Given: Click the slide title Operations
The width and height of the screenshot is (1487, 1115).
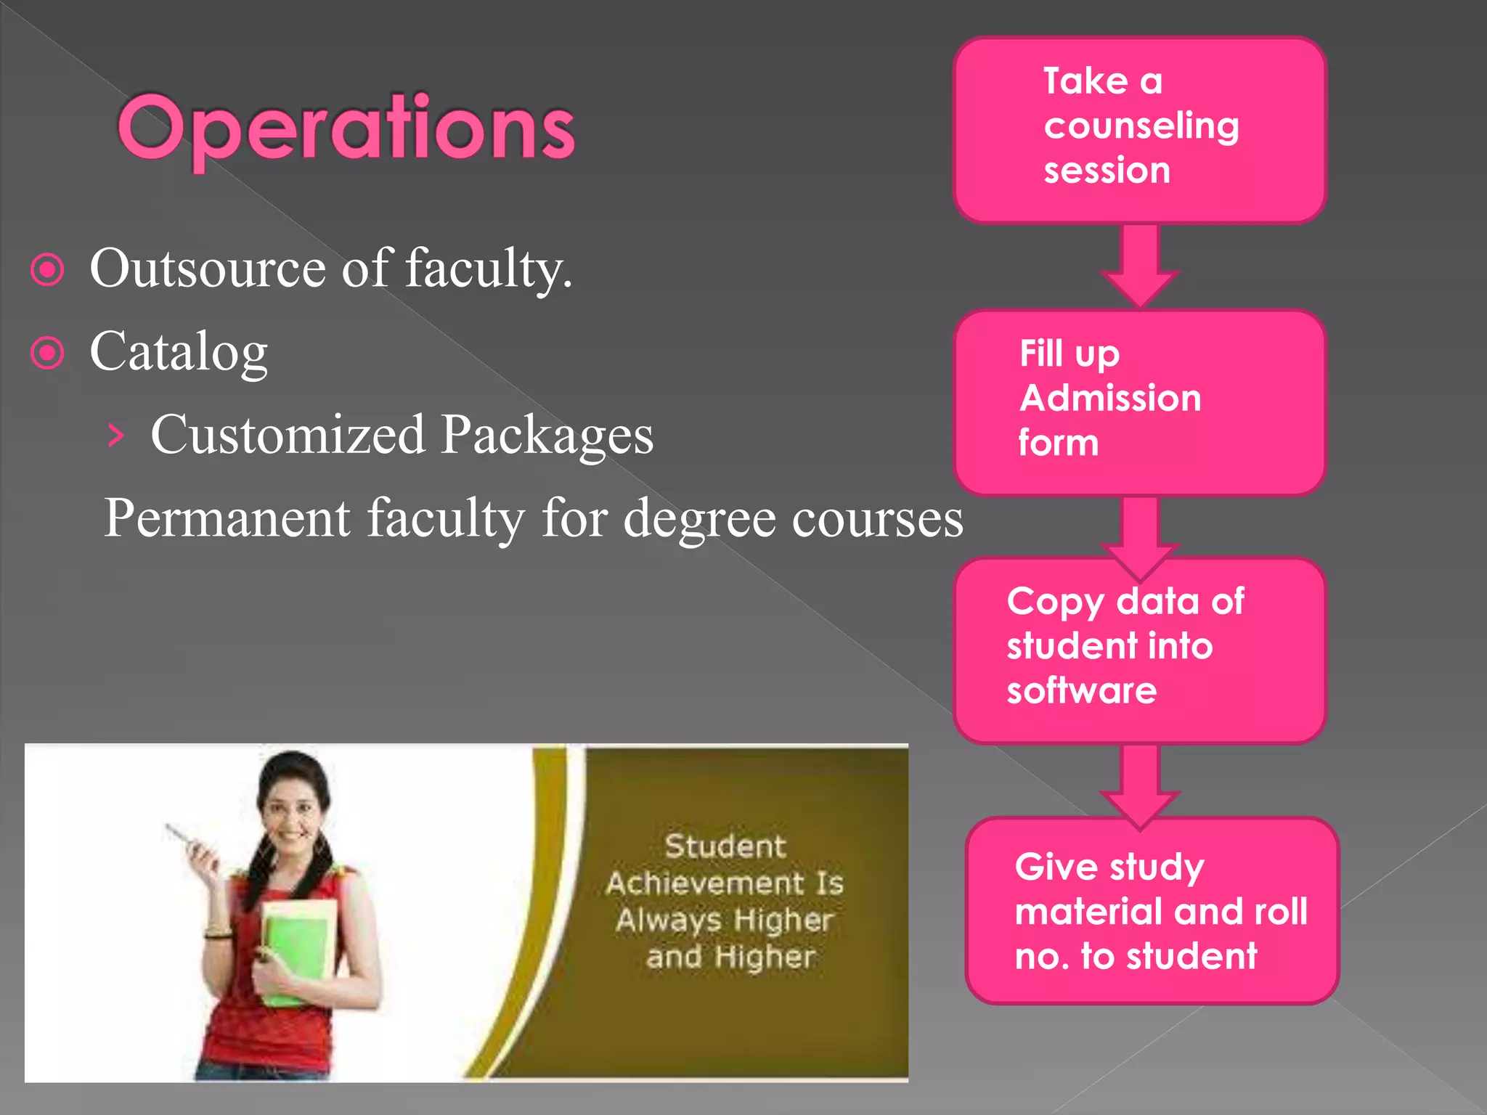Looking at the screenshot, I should pos(346,129).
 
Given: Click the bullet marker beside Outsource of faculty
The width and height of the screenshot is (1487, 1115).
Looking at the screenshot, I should pos(48,270).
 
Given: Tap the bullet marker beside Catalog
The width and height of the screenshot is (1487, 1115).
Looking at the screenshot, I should pos(48,353).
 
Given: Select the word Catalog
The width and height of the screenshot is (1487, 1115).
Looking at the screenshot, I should pos(179,352).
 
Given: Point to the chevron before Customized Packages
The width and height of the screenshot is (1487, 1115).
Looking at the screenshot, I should pos(115,436).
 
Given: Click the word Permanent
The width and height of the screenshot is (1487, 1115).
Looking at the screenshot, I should pos(227,518).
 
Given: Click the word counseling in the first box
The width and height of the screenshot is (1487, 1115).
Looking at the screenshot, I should pos(1141,126).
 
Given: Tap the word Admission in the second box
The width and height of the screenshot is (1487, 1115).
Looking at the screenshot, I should pos(1110,399).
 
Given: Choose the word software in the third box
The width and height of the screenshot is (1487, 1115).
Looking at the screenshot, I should pos(1081,690).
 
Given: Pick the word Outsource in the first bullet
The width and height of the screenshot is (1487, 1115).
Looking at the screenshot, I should pos(208,269).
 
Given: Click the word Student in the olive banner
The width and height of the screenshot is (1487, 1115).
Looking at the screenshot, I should pos(725,846).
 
